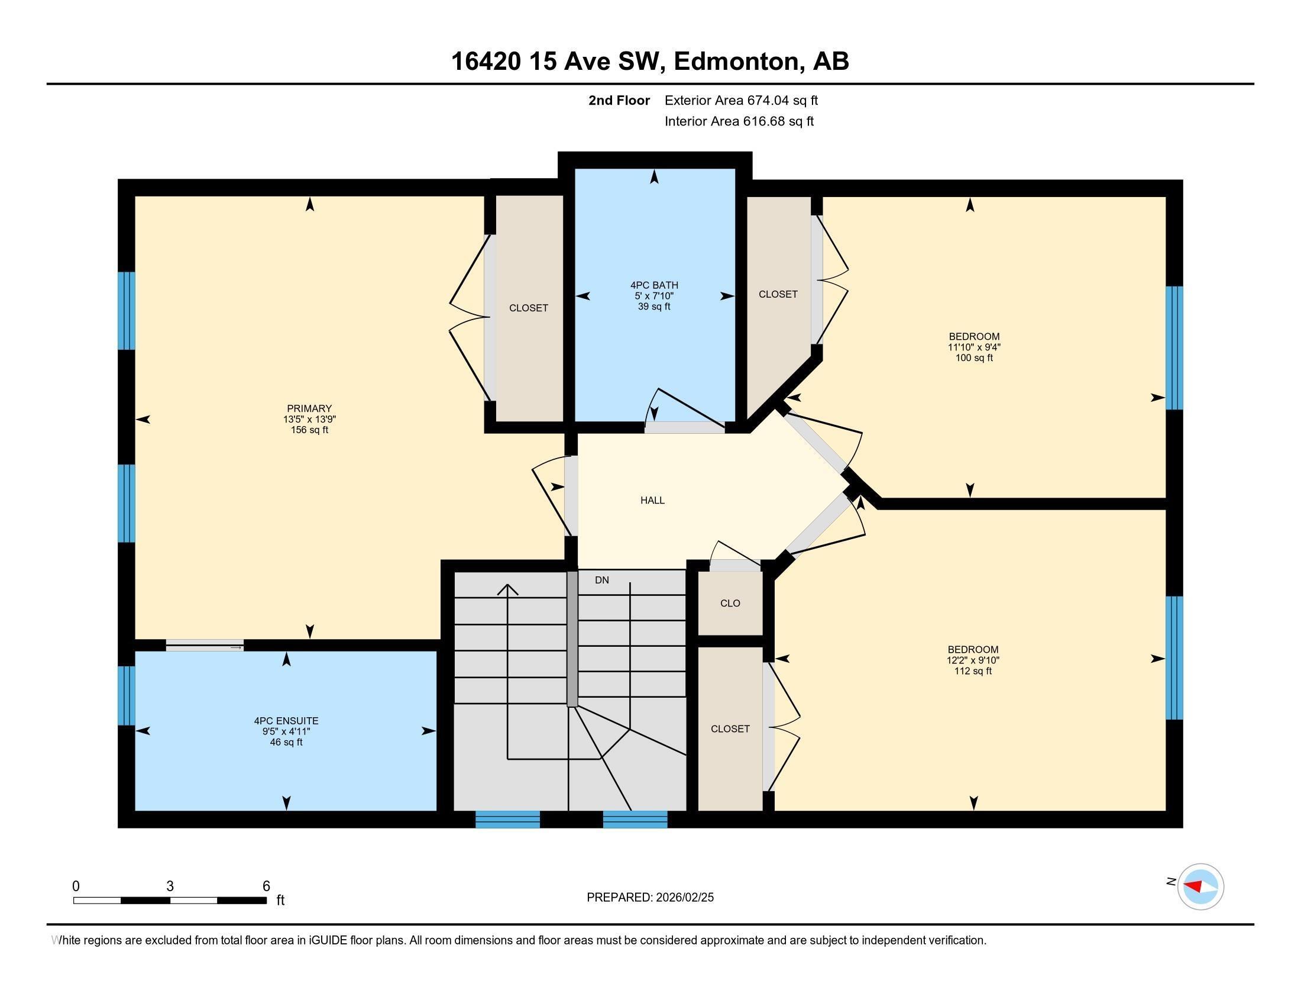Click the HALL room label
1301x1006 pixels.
(x=652, y=501)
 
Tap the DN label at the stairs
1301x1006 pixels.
(x=601, y=580)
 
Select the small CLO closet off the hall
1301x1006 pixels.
(x=730, y=603)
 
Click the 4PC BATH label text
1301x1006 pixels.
(x=654, y=285)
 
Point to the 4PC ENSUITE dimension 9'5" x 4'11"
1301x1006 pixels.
(x=286, y=732)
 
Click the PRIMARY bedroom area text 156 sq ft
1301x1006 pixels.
(x=309, y=430)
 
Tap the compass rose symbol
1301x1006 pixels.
(x=1200, y=886)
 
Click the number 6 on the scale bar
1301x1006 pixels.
(x=266, y=886)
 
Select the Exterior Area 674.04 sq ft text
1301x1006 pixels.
(x=741, y=101)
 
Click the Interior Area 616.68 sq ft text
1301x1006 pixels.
(x=739, y=121)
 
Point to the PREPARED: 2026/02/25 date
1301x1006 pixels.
(x=650, y=898)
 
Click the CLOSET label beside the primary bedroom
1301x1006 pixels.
(x=528, y=308)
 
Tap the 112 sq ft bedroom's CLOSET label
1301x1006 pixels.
(x=730, y=729)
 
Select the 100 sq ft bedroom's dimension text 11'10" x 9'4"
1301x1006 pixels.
(x=974, y=347)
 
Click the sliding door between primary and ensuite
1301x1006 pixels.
(x=205, y=646)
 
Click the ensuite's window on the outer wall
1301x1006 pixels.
(x=127, y=695)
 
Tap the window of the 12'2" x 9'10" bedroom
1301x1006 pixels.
(x=1173, y=658)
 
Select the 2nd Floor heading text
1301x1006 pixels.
(x=619, y=101)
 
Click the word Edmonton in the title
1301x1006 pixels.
(x=737, y=62)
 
